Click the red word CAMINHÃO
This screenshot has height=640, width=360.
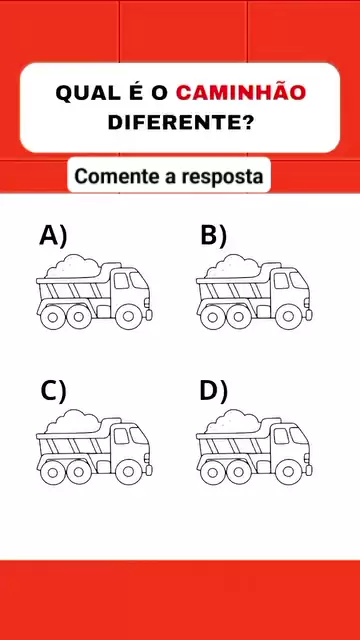click(x=241, y=92)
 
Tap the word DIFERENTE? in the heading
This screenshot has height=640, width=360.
click(x=180, y=122)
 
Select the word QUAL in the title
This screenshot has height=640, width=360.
click(x=84, y=93)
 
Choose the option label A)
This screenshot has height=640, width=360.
click(x=53, y=236)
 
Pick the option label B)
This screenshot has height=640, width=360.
click(x=213, y=236)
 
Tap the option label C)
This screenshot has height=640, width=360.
click(x=53, y=392)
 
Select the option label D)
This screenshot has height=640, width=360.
click(x=213, y=392)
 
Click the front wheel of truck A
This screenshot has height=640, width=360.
click(x=128, y=316)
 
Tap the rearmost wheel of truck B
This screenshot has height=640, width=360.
click(x=212, y=317)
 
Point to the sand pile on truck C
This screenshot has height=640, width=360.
click(x=73, y=422)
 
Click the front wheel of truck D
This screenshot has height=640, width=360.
click(x=288, y=472)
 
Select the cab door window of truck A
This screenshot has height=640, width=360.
click(x=121, y=281)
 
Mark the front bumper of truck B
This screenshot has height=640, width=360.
click(x=309, y=315)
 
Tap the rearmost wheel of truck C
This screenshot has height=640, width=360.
click(x=52, y=472)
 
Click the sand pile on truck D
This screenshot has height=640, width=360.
click(x=233, y=422)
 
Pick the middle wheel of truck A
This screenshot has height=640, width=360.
click(x=79, y=317)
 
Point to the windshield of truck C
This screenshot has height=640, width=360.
click(x=138, y=436)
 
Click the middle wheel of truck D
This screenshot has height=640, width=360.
click(x=239, y=472)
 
